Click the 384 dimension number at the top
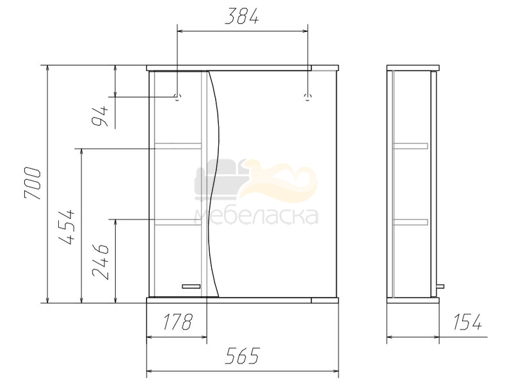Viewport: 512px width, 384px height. click(x=242, y=17)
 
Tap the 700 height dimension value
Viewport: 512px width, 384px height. click(x=33, y=183)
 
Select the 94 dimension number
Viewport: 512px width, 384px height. click(x=100, y=116)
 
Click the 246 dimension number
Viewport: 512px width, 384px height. click(x=100, y=261)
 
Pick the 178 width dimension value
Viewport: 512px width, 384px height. click(x=177, y=322)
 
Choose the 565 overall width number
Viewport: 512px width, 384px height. click(x=243, y=356)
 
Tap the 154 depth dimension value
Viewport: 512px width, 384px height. click(x=467, y=322)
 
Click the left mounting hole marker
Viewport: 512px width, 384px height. click(x=177, y=97)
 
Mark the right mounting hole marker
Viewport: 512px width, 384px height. click(x=308, y=97)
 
